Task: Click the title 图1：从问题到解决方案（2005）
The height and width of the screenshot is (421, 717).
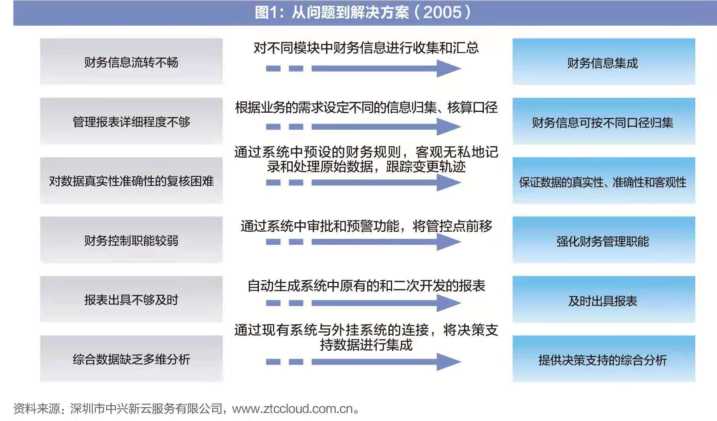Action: pyautogui.click(x=363, y=12)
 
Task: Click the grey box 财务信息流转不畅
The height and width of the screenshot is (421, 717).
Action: pyautogui.click(x=131, y=62)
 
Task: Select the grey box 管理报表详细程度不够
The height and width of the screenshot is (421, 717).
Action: pyautogui.click(x=131, y=121)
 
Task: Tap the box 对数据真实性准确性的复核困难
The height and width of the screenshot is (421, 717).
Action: pyautogui.click(x=131, y=181)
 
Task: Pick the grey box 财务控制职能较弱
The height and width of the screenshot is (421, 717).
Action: pyautogui.click(x=131, y=240)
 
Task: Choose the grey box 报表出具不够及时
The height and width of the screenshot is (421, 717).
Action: pyautogui.click(x=131, y=299)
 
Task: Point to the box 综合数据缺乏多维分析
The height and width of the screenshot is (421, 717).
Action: pyautogui.click(x=131, y=359)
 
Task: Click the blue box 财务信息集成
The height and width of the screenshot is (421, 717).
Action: pyautogui.click(x=603, y=62)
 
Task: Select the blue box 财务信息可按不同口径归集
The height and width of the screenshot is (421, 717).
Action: pyautogui.click(x=603, y=121)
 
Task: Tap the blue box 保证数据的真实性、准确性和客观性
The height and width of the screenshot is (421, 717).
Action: pyautogui.click(x=603, y=181)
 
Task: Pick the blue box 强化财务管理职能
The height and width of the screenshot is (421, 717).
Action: pyautogui.click(x=603, y=240)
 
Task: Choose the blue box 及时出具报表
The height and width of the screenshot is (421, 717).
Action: pyautogui.click(x=603, y=299)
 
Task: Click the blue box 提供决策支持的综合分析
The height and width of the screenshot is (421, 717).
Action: pyautogui.click(x=603, y=359)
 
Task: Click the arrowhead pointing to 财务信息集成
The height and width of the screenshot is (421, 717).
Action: pyautogui.click(x=448, y=68)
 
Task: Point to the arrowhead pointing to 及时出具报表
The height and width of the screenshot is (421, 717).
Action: pyautogui.click(x=448, y=303)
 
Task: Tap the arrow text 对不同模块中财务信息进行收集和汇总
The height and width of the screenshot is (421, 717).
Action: pyautogui.click(x=366, y=48)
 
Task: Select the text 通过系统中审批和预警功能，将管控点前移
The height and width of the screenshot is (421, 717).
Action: pyautogui.click(x=366, y=226)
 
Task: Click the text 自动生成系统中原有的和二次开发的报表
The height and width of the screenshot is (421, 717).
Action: pyautogui.click(x=366, y=286)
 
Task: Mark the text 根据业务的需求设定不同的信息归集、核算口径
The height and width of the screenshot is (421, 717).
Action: pyautogui.click(x=366, y=107)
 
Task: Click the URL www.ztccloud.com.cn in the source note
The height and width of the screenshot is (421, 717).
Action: pyautogui.click(x=292, y=409)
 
